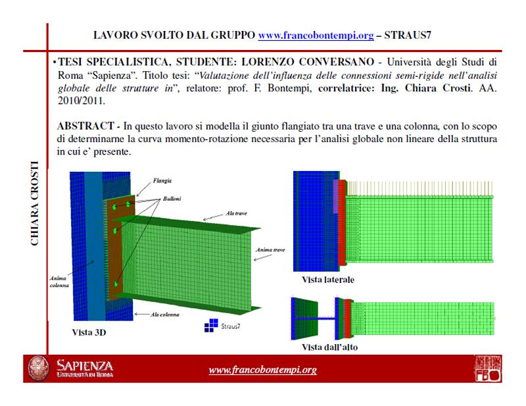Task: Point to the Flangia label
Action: pyautogui.click(x=162, y=180)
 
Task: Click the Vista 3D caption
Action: pyautogui.click(x=89, y=333)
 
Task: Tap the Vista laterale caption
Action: pyautogui.click(x=327, y=280)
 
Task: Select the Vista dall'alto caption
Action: pyautogui.click(x=330, y=346)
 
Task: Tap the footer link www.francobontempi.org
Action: pyautogui.click(x=262, y=370)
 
